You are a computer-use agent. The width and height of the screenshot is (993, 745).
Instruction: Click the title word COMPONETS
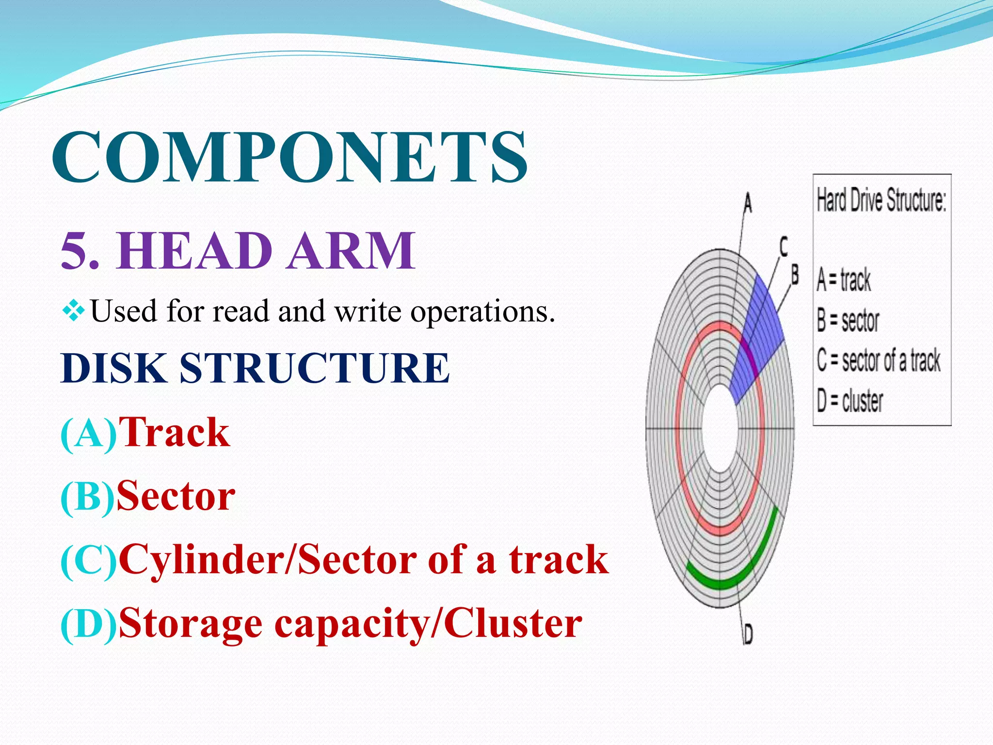(289, 157)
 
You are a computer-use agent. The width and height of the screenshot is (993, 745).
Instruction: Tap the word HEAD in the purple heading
(194, 251)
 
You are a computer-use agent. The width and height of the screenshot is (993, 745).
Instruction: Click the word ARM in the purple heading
(351, 251)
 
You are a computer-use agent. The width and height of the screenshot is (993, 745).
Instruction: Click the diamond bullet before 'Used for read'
(73, 311)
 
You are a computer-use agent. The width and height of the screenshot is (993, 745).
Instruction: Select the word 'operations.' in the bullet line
(482, 312)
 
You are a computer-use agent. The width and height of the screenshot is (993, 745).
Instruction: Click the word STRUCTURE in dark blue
(314, 368)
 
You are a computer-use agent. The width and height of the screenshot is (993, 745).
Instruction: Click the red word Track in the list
(174, 432)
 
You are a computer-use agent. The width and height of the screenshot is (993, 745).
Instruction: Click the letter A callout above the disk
(748, 203)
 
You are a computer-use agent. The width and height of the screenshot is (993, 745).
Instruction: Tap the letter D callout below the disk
(748, 634)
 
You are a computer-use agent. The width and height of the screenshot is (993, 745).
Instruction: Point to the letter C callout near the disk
(784, 246)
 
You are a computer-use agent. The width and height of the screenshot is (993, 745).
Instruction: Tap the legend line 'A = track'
(844, 280)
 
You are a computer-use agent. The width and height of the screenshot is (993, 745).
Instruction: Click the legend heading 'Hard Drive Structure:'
(881, 200)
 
